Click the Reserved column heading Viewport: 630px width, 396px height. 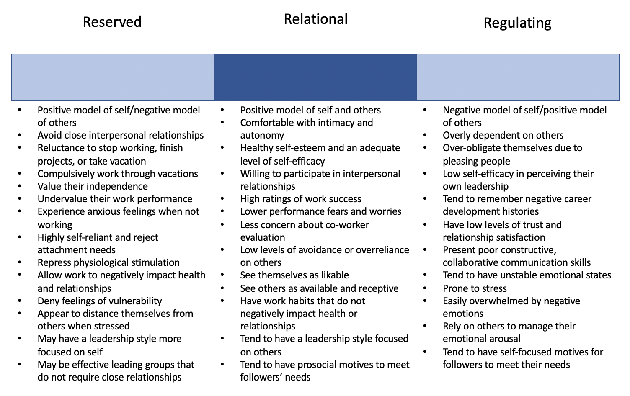tap(112, 22)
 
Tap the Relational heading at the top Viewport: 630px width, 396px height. tap(315, 19)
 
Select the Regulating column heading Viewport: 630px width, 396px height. tap(517, 23)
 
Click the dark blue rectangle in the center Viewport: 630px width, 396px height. tap(315, 77)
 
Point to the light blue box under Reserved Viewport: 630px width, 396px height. tap(112, 77)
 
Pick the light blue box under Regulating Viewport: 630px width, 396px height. tap(518, 77)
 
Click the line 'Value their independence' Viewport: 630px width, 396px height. tap(93, 186)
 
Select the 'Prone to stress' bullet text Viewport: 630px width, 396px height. tap(475, 288)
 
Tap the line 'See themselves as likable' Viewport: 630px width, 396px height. tap(294, 275)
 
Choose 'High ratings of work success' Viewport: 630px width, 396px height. tap(301, 199)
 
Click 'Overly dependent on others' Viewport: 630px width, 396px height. tap(503, 135)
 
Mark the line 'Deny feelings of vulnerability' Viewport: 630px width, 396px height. tap(100, 301)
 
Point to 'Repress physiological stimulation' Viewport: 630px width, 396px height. tap(108, 262)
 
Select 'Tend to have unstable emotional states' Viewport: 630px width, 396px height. tap(527, 275)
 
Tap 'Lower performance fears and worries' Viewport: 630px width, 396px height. tap(321, 211)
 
